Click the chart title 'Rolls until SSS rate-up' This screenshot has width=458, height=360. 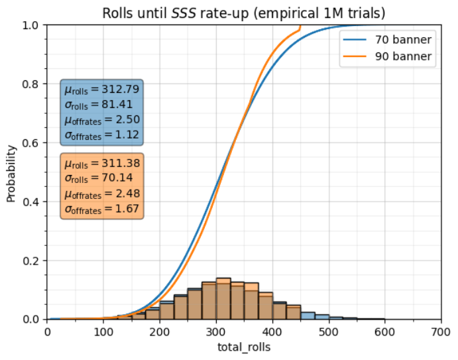pos(243,13)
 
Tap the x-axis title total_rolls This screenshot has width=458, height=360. pos(244,346)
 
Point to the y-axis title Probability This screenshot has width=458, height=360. pos(11,172)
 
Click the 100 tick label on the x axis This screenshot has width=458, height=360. pos(103,330)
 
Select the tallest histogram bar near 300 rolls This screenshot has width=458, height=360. pos(223,298)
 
